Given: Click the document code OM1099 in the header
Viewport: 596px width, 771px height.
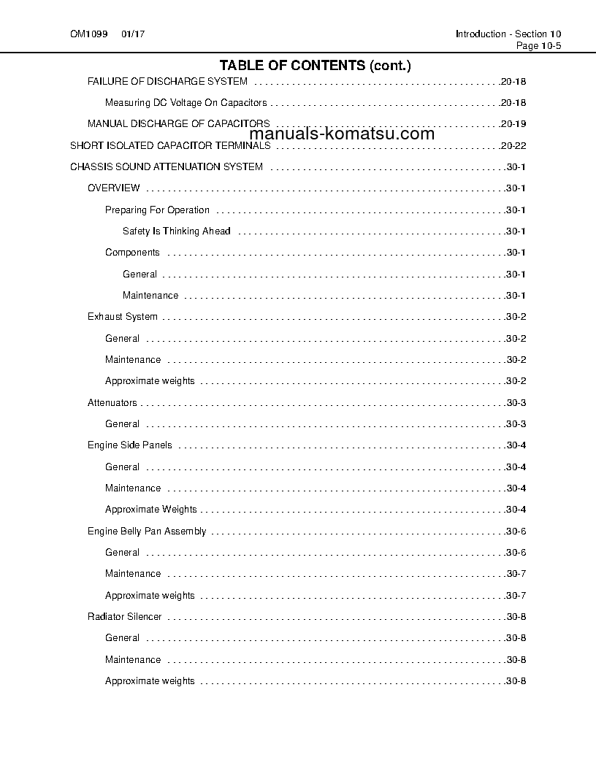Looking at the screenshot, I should pyautogui.click(x=85, y=34).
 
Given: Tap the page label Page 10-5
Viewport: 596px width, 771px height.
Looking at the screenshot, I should pyautogui.click(x=538, y=45).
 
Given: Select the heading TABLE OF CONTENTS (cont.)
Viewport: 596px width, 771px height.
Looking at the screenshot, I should pyautogui.click(x=315, y=66).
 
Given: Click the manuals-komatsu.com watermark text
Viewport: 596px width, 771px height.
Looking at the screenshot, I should pyautogui.click(x=342, y=134).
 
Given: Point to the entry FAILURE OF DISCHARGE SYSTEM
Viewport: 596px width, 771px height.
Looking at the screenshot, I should pyautogui.click(x=167, y=81).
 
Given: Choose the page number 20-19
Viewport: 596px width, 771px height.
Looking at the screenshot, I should pyautogui.click(x=513, y=124).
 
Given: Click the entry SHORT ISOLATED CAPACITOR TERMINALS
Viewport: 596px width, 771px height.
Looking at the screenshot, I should pyautogui.click(x=170, y=145).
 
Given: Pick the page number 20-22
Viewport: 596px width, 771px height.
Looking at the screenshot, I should pyautogui.click(x=513, y=145).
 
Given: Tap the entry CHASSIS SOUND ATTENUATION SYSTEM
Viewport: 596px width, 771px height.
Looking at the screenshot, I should pyautogui.click(x=167, y=167).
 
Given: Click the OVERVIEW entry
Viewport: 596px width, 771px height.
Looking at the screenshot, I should pyautogui.click(x=114, y=188).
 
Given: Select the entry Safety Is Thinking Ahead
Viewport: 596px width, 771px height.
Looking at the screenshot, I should pyautogui.click(x=176, y=231).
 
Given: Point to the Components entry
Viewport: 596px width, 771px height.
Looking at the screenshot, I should pyautogui.click(x=132, y=253).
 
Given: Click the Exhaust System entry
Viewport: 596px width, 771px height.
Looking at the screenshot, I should pyautogui.click(x=122, y=317).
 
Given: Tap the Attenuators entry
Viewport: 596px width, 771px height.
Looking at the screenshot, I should pyautogui.click(x=112, y=402).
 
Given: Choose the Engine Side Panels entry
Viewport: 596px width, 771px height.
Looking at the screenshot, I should pyautogui.click(x=130, y=445).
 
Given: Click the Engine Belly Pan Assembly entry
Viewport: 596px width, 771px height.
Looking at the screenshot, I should pyautogui.click(x=147, y=531).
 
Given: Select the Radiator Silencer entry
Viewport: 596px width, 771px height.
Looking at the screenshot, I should pyautogui.click(x=124, y=617).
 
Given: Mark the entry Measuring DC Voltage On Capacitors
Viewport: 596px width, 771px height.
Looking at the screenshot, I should pyautogui.click(x=186, y=103).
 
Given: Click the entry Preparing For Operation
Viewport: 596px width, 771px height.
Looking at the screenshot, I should pyautogui.click(x=157, y=210).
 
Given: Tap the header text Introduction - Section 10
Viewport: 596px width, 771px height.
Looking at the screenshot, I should pyautogui.click(x=508, y=34).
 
